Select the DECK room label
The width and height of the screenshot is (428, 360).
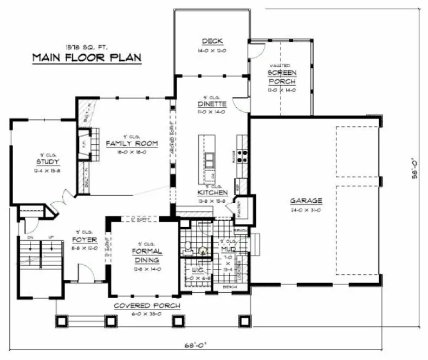[x=211, y=42]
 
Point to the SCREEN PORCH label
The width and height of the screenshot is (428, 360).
[x=282, y=77]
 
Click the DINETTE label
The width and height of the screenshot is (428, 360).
[x=211, y=104]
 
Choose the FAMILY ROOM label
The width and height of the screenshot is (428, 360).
[x=132, y=144]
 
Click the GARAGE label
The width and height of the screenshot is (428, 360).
[x=306, y=200]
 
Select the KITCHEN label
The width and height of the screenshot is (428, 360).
[x=212, y=192]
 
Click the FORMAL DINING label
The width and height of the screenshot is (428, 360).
[x=147, y=255]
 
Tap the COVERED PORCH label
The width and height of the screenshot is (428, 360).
[x=146, y=306]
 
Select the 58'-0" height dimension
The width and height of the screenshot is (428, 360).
[x=415, y=168]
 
